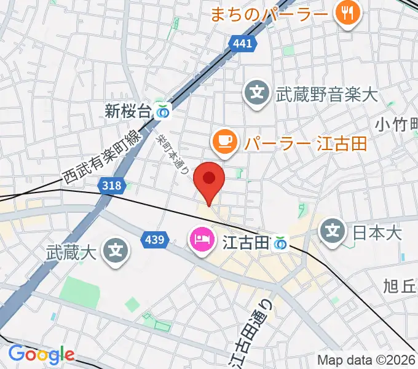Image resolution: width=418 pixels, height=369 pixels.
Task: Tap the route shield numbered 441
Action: [242, 43]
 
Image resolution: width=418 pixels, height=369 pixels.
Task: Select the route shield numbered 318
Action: [116, 185]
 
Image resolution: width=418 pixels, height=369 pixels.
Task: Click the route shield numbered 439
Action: [154, 239]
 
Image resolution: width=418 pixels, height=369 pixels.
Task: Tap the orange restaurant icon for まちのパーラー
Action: [347, 13]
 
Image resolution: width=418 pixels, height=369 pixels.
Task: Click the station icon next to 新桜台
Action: [164, 111]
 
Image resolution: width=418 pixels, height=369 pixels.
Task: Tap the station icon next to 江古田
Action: [281, 244]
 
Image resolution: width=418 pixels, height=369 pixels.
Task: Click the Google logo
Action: [41, 354]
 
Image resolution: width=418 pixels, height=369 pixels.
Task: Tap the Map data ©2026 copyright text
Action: [366, 360]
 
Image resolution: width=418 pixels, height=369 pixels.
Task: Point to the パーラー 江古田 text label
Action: [305, 144]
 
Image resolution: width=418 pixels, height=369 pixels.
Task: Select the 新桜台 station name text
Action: [127, 111]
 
